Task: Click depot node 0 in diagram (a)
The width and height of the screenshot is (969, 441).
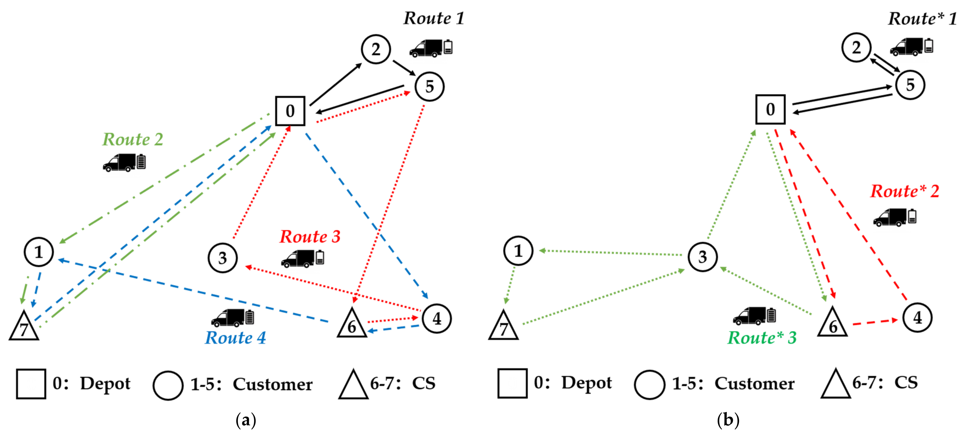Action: [290, 111]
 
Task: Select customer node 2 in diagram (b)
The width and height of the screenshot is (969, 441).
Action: [856, 47]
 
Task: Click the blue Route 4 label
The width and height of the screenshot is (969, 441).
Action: [235, 338]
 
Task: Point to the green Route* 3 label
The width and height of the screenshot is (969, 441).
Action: [762, 338]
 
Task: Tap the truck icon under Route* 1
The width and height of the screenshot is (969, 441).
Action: [906, 47]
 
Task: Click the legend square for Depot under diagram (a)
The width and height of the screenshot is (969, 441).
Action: [31, 384]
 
